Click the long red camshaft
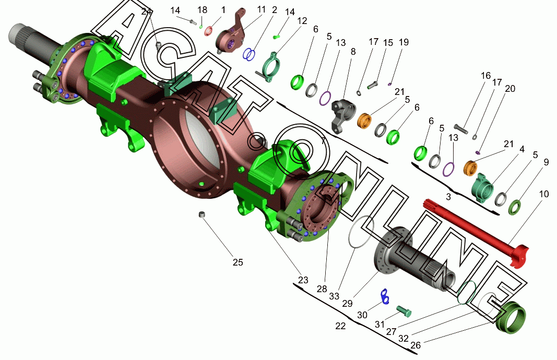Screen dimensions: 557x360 coord(476,231)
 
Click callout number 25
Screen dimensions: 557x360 coord(238,262)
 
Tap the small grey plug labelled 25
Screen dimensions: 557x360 coord(202,214)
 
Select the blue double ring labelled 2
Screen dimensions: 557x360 coord(250,54)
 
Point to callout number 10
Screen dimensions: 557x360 coord(544,194)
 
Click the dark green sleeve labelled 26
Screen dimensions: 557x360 coord(511,317)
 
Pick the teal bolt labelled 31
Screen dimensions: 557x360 coord(404,311)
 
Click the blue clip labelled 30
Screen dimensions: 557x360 coord(385,296)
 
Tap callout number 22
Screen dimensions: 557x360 coord(340,326)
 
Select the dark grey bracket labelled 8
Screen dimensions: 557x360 coord(343,114)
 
